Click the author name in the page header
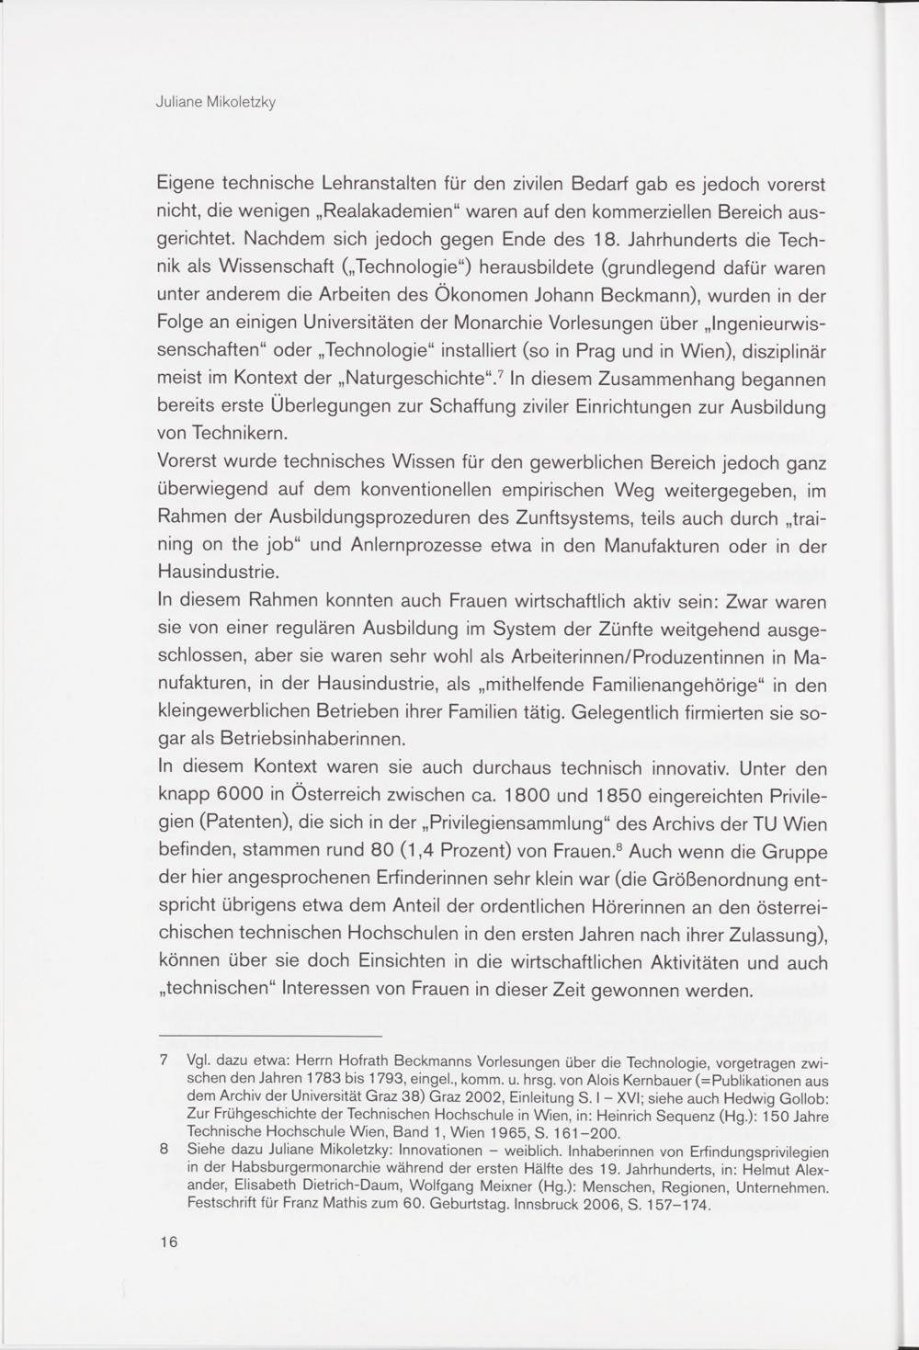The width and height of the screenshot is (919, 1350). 217,102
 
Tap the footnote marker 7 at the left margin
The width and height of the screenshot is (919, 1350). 165,1061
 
